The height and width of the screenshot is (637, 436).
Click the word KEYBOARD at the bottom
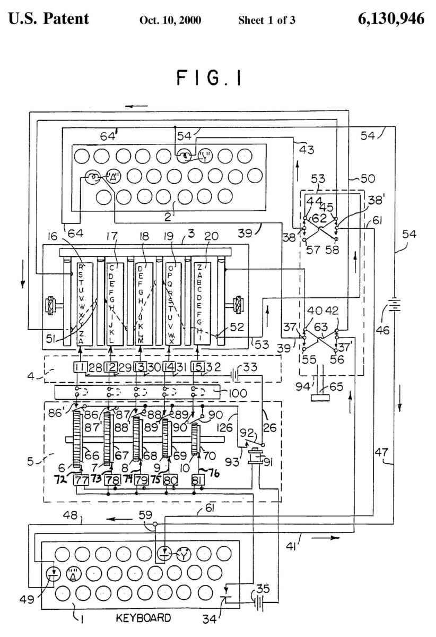(144, 618)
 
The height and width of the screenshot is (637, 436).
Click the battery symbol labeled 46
(395, 306)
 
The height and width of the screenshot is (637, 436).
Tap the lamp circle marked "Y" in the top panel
(204, 157)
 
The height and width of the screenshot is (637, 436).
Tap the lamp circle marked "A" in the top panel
(113, 176)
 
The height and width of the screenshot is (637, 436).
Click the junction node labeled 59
(154, 526)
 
